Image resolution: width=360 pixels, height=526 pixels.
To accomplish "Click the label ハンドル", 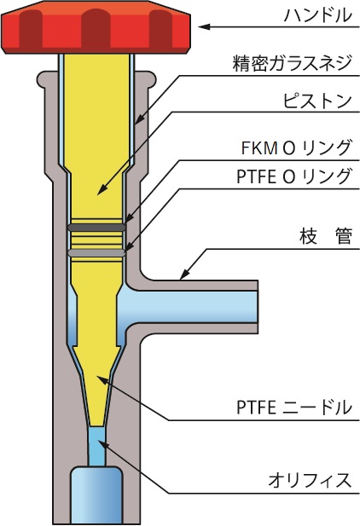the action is tap(317, 15).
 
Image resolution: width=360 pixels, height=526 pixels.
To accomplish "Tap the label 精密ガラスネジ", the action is tap(292, 63).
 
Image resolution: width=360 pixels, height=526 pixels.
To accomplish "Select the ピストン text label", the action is tap(317, 101).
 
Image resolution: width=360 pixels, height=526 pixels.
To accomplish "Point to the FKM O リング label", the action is tap(296, 147).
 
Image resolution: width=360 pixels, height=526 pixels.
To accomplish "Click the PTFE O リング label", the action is tap(294, 176).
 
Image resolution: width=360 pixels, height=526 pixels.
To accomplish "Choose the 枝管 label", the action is tap(325, 236).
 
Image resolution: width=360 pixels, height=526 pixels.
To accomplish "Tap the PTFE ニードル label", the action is tap(294, 408).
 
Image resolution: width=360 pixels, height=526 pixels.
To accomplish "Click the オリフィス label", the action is tap(310, 480).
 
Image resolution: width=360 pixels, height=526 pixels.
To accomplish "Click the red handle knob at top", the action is tap(96, 27).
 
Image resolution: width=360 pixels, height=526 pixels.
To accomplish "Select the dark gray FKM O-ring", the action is tap(96, 228).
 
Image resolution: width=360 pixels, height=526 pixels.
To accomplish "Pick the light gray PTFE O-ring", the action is tap(96, 252).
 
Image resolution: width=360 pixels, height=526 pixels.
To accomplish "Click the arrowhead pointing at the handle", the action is tap(204, 26).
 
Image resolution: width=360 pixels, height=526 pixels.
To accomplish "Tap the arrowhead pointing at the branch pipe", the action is tap(184, 274).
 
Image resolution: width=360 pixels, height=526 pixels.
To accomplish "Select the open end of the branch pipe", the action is tap(258, 307).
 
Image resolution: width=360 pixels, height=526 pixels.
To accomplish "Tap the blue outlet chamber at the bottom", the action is tap(96, 495).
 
